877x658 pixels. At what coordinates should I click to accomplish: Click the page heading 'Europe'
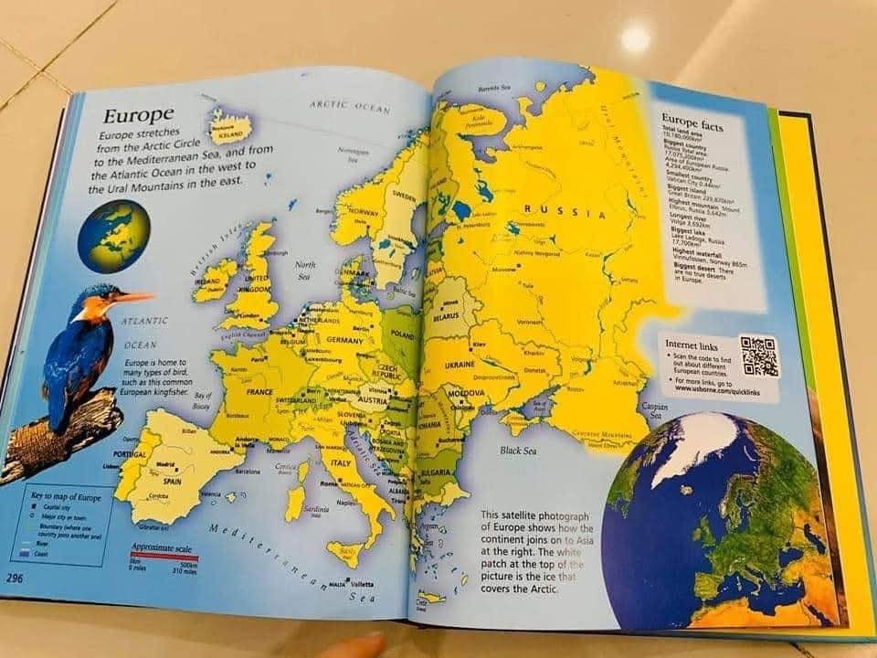pyautogui.click(x=138, y=116)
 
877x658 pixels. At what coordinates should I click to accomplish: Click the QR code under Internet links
pyautogui.click(x=759, y=356)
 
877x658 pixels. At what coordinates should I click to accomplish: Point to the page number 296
pyautogui.click(x=16, y=578)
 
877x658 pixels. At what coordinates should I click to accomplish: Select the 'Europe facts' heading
pyautogui.click(x=692, y=122)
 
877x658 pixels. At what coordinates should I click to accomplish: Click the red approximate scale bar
pyautogui.click(x=164, y=556)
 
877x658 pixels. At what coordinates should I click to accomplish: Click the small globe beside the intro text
pyautogui.click(x=112, y=237)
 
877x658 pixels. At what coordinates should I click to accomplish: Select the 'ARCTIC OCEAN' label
pyautogui.click(x=350, y=107)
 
